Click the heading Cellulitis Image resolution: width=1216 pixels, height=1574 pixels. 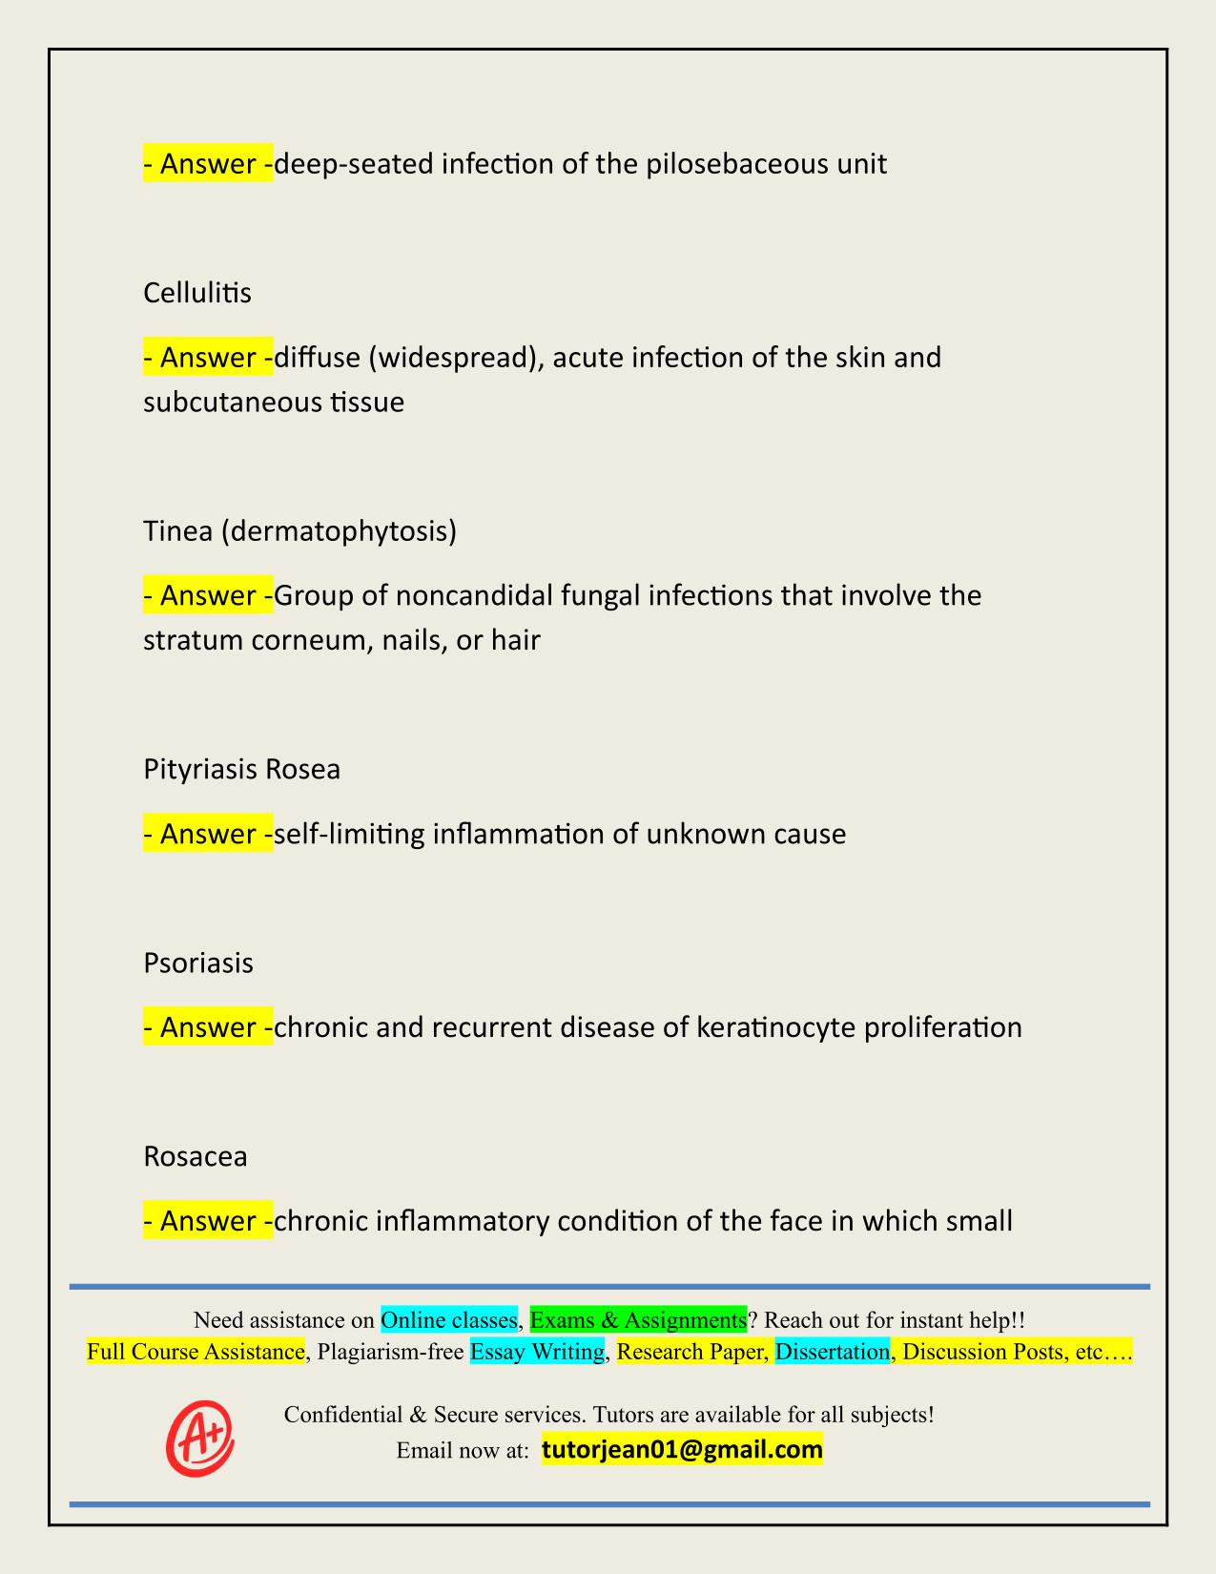[x=197, y=293]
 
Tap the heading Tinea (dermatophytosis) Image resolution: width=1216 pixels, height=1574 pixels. [x=299, y=530]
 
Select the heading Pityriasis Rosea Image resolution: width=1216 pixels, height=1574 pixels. [x=241, y=769]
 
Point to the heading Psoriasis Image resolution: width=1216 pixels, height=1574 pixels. [x=198, y=963]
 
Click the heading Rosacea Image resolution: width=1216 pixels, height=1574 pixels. [x=196, y=1156]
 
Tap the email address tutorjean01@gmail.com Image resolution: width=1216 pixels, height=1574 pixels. [x=682, y=1450]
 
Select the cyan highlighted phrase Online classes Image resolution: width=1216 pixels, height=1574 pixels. [x=449, y=1320]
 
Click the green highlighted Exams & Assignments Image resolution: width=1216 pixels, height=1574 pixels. [x=638, y=1320]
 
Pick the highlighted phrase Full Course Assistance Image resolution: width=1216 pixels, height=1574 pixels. [x=196, y=1352]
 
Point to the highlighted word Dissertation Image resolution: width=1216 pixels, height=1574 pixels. [x=832, y=1352]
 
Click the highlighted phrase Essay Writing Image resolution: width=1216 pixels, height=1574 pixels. [x=537, y=1352]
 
